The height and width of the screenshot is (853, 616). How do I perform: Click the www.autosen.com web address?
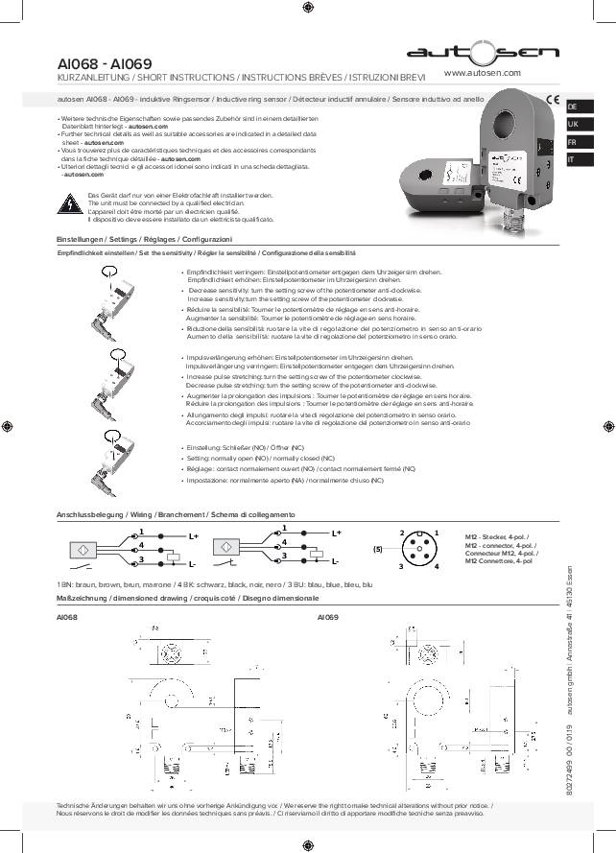483,73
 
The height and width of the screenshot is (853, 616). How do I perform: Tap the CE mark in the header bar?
553,98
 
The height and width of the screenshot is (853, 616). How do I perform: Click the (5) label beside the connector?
378,549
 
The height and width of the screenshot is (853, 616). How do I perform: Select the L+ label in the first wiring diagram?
194,534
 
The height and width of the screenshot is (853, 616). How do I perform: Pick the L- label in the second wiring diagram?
335,563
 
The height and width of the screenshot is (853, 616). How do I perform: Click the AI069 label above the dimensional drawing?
327,618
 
